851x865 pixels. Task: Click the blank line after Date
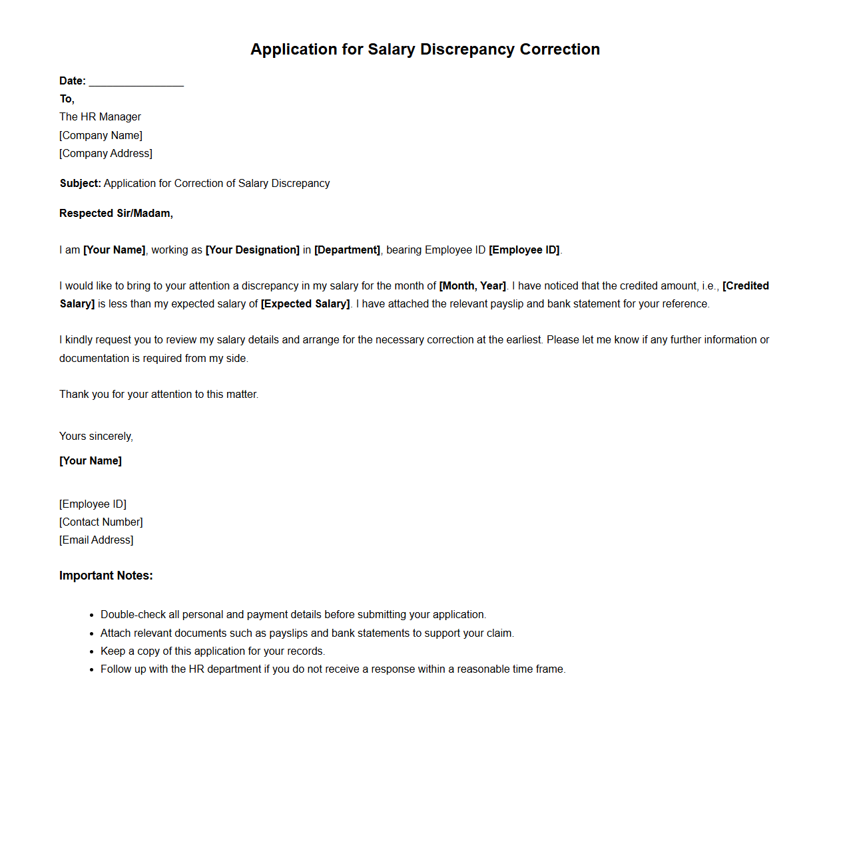click(x=136, y=81)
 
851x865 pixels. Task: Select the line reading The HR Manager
click(x=100, y=117)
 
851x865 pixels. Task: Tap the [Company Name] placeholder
click(x=101, y=136)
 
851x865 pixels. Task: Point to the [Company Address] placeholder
click(x=105, y=154)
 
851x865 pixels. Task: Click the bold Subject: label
click(x=80, y=184)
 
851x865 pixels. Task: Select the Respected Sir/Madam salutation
click(x=116, y=214)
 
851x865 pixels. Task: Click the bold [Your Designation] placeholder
click(x=252, y=250)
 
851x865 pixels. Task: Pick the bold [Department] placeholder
click(x=347, y=250)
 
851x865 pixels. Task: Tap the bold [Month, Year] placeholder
click(x=472, y=286)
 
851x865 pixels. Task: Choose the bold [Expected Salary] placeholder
click(x=305, y=304)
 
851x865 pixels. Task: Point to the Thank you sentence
click(x=158, y=395)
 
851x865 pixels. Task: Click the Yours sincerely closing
click(x=96, y=436)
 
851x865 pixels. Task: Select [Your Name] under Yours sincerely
click(x=91, y=461)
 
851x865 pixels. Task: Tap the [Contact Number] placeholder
click(x=101, y=522)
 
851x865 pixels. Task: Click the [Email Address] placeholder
click(x=96, y=540)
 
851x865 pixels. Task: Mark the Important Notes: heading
click(x=106, y=576)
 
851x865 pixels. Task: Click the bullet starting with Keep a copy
click(x=212, y=651)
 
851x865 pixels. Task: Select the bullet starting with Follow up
click(x=333, y=669)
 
